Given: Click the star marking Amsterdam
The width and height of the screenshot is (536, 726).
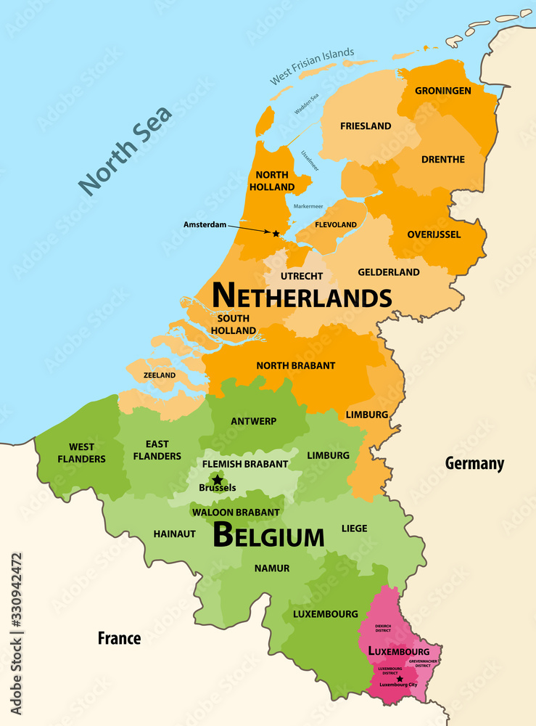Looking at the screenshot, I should click(x=276, y=233).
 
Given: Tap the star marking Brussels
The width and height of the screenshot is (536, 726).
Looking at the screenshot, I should click(x=217, y=480).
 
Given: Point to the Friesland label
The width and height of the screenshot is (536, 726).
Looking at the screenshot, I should click(x=366, y=126).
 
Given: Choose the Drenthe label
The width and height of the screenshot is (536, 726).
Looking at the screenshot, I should click(x=442, y=159).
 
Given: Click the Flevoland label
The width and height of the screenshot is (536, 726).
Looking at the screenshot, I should click(x=336, y=224).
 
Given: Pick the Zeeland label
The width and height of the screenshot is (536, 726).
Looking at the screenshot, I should click(x=160, y=375).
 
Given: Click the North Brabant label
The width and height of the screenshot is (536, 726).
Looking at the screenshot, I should click(x=295, y=365).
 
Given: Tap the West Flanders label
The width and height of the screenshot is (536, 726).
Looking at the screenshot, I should click(x=87, y=452).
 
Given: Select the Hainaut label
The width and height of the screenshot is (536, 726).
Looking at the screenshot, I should click(x=174, y=534).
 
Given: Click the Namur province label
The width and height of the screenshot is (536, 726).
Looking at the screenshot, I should click(x=272, y=568).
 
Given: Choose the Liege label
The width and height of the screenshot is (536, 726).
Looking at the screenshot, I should click(x=354, y=528).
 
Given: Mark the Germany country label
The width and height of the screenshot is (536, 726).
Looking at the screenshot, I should click(x=474, y=463).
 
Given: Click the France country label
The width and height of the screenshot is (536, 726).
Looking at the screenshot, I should click(x=120, y=638).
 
